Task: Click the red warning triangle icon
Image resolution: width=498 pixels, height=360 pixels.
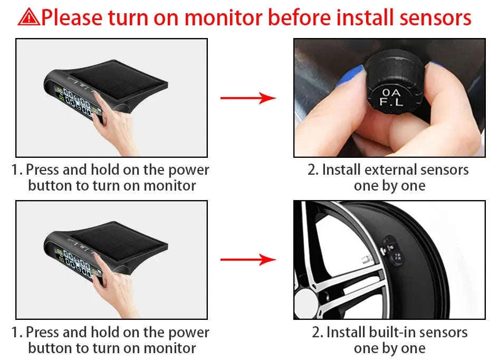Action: tap(28, 17)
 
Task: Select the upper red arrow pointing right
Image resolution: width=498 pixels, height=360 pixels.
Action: tap(248, 98)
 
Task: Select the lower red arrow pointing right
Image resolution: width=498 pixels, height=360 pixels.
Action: tap(248, 259)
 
